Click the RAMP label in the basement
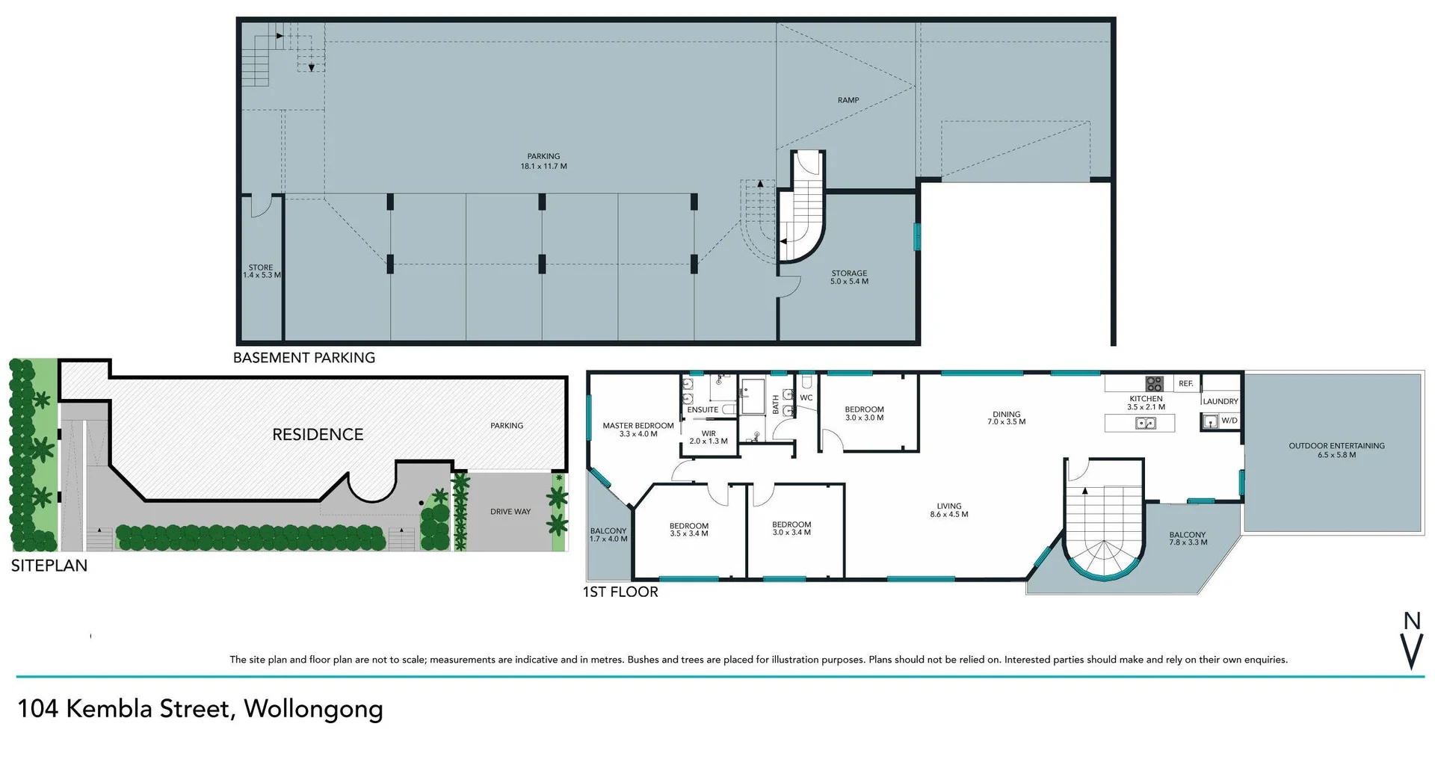[x=848, y=100]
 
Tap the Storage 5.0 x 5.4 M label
[x=849, y=277]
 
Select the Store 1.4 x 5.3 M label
[x=261, y=271]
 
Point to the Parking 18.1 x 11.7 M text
[x=543, y=161]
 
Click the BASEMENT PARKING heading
[x=303, y=358]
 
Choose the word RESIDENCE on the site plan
[x=318, y=435]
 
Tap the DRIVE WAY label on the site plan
[x=510, y=512]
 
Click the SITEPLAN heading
[x=49, y=566]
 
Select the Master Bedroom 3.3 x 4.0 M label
[x=638, y=430]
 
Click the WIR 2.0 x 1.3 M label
[x=708, y=437]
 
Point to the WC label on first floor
[x=806, y=398]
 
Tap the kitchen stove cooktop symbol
[x=1154, y=384]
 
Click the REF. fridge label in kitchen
[x=1185, y=384]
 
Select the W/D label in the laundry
[x=1229, y=421]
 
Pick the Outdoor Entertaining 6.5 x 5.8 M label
[x=1336, y=450]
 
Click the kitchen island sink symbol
[x=1145, y=424]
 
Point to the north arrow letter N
[x=1411, y=621]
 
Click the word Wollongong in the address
[x=313, y=708]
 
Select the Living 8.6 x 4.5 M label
[x=948, y=510]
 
